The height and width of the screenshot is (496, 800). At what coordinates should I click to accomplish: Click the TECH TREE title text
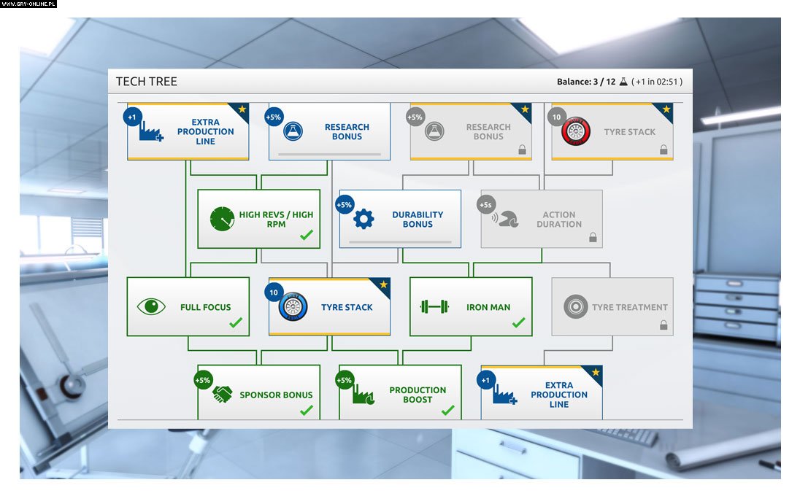coord(147,82)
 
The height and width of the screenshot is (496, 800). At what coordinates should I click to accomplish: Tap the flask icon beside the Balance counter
coord(623,82)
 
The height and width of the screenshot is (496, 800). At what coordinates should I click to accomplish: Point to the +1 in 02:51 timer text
coord(658,82)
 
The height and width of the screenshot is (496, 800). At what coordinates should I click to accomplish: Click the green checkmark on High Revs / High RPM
coord(307,235)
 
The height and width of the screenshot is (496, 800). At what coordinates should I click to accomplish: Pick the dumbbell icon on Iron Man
coord(434,307)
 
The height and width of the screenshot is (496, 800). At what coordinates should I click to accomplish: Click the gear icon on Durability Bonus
coord(364,219)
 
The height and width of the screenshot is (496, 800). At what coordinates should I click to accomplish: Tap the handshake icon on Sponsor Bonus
coord(223,395)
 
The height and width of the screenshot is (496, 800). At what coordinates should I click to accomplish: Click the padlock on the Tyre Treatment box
coord(664,325)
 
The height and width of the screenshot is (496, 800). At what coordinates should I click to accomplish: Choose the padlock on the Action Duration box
coord(593,237)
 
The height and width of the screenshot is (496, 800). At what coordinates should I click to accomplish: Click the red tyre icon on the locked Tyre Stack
coord(575,132)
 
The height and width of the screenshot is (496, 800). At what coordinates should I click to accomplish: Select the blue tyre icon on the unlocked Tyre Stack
coord(293,307)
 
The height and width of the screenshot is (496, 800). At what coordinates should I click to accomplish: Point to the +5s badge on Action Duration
coord(487,205)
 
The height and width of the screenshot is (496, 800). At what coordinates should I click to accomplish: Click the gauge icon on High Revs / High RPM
coord(222,220)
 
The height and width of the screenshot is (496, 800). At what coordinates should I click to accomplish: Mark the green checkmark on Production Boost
coord(447,410)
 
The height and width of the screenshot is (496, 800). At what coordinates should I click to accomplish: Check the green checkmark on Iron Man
coord(518,322)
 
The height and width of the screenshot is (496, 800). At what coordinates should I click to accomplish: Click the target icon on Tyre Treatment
coord(575,307)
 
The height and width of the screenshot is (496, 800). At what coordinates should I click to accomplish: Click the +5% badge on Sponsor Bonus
coord(203,380)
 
